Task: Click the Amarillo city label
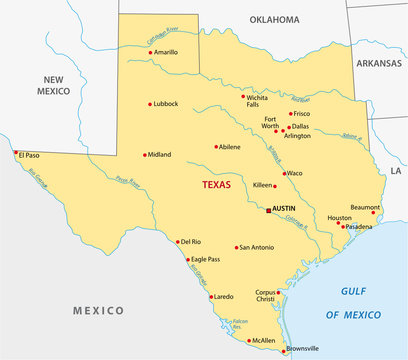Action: [166, 52]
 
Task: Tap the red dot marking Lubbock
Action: [151, 103]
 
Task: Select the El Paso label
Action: [30, 155]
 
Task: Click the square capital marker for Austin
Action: [267, 209]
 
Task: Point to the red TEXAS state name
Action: [217, 185]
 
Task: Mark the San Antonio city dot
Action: [237, 247]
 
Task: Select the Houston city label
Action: [340, 218]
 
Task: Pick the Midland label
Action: [158, 155]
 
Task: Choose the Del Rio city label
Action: [190, 242]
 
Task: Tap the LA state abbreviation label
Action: [395, 171]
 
